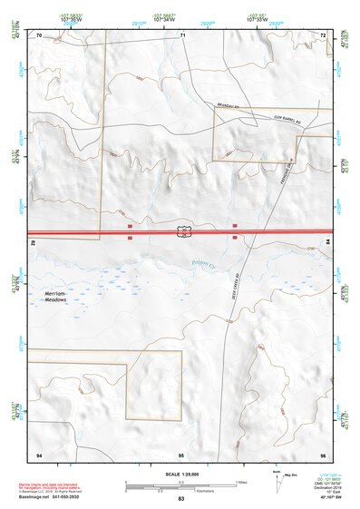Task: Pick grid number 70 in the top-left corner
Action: click(40, 34)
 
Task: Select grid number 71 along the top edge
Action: click(182, 34)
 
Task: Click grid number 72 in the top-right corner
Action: click(323, 34)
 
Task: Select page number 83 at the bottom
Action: click(181, 500)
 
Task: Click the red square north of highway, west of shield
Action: click(130, 223)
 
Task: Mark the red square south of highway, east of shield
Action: click(236, 239)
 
